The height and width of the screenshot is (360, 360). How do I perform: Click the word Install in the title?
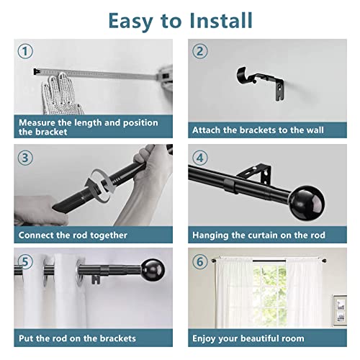[221, 21]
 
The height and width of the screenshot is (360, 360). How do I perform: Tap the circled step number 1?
[25, 51]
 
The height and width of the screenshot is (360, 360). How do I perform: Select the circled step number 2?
[200, 51]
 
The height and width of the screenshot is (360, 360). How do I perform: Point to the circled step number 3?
[25, 158]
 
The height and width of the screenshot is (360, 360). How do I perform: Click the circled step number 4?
[200, 158]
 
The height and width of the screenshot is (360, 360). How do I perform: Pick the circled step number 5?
[25, 261]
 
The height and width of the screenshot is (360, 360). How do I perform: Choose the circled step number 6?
[200, 261]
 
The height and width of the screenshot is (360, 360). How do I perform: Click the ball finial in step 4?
[307, 203]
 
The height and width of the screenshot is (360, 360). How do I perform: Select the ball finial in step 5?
[153, 270]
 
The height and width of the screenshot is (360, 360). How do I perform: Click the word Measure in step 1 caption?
[37, 122]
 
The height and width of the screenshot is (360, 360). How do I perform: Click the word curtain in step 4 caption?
[263, 235]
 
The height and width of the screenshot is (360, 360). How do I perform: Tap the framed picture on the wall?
[340, 310]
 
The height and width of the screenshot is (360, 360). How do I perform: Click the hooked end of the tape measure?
[37, 71]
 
